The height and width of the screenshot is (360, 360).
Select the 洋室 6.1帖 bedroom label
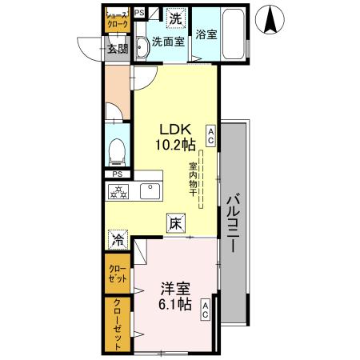point(174,296)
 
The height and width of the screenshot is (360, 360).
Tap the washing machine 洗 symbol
point(175,17)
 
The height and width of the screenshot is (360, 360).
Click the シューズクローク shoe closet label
point(118,20)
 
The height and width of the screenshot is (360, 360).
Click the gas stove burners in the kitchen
point(118,191)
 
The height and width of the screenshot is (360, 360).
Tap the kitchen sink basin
point(150,191)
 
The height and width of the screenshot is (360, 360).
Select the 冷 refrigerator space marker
point(118,238)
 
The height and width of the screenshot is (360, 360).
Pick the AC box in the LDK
point(210,134)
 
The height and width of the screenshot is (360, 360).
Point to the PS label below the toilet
point(118,174)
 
